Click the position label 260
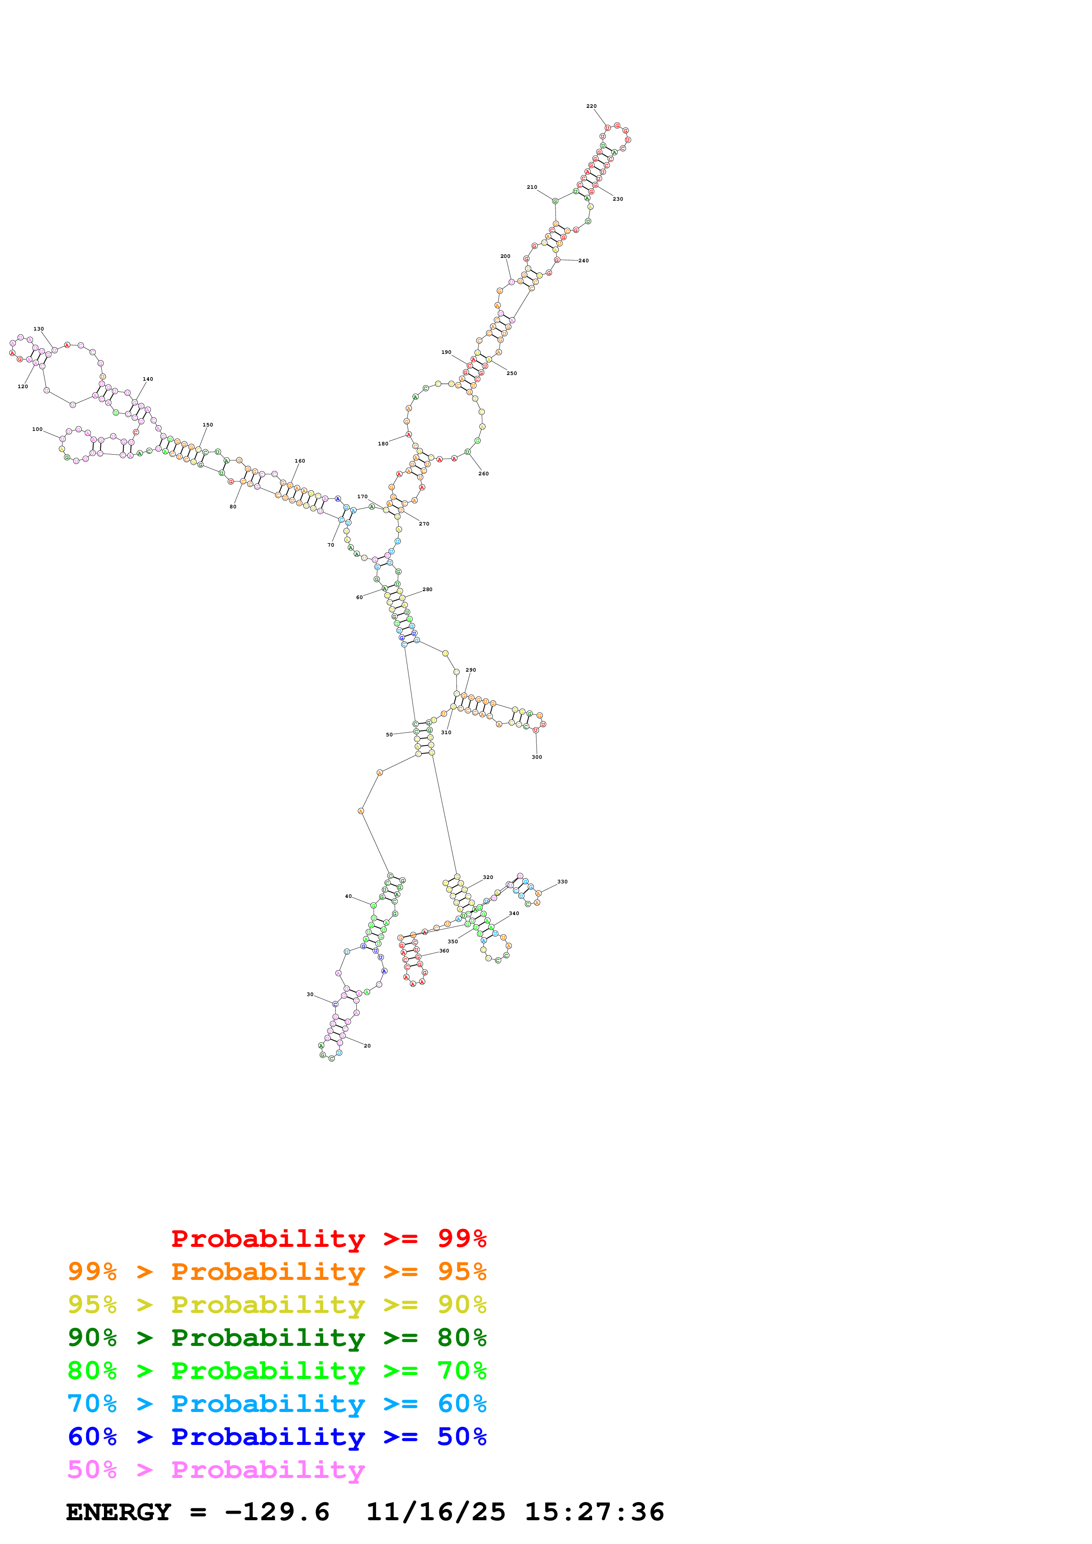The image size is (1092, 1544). coord(483,474)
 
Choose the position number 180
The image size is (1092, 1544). coord(383,444)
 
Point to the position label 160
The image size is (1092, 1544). coord(300,461)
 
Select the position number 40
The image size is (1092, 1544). coord(348,897)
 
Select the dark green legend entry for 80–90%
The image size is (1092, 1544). coord(277,1338)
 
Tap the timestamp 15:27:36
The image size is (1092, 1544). coord(594,1512)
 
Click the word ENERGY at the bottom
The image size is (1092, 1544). coord(118,1512)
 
